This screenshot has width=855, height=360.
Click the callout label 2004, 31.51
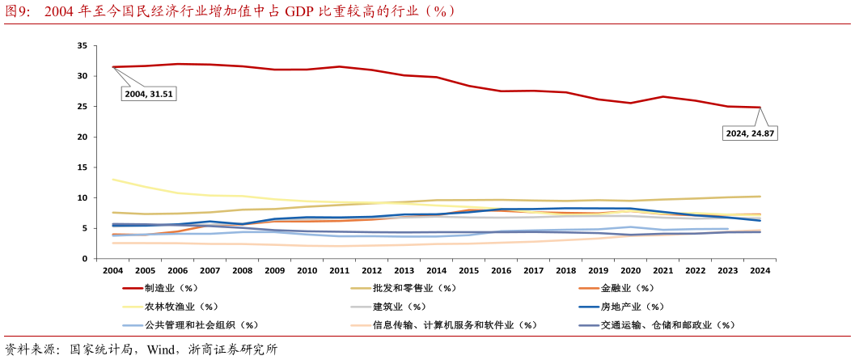pyautogui.click(x=149, y=94)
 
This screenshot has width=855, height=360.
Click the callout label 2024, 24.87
pyautogui.click(x=751, y=133)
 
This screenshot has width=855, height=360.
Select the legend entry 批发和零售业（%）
pyautogui.click(x=414, y=288)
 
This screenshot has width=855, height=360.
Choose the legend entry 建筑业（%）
pyautogui.click(x=399, y=307)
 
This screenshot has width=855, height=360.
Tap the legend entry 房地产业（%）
pyautogui.click(x=632, y=307)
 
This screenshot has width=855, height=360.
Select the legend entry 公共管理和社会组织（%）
pyautogui.click(x=201, y=325)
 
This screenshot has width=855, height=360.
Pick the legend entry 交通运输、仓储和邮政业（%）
pyautogui.click(x=667, y=325)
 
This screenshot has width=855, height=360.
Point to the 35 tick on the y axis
pyautogui.click(x=82, y=46)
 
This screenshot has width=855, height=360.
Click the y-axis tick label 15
pyautogui.click(x=82, y=167)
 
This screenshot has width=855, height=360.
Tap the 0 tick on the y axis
pyautogui.click(x=84, y=259)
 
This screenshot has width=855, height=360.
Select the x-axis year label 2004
pyautogui.click(x=113, y=270)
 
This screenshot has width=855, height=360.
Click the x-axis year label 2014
pyautogui.click(x=437, y=270)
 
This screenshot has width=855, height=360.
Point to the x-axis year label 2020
pyautogui.click(x=631, y=270)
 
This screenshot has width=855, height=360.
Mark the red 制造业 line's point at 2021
pyautogui.click(x=663, y=96)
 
